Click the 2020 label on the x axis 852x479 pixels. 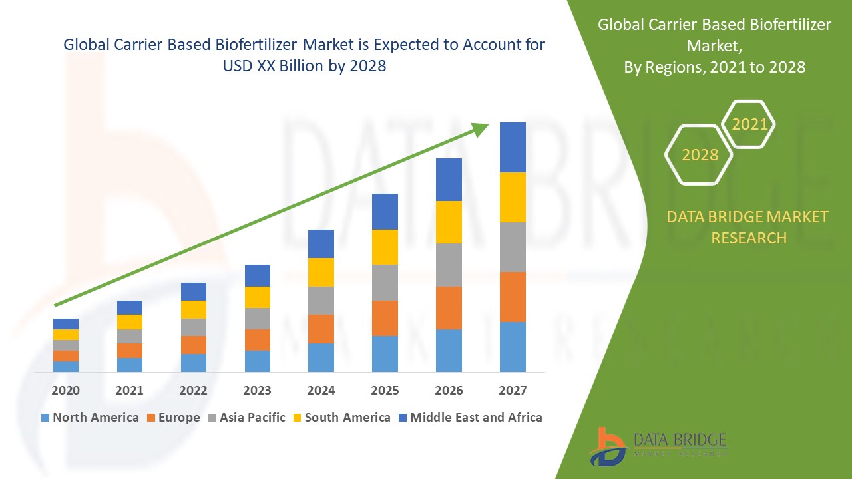tap(65, 391)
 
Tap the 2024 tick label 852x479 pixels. tap(321, 391)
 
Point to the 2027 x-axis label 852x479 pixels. tap(513, 391)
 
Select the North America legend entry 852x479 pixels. tap(90, 418)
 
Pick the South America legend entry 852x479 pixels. tap(341, 418)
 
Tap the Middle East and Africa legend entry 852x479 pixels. tap(470, 418)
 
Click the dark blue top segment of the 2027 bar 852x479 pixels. tap(513, 147)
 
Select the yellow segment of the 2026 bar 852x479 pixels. tap(449, 222)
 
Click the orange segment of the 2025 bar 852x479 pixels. tap(385, 318)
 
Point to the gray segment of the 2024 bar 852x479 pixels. tap(321, 301)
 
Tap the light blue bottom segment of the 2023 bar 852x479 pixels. tap(257, 361)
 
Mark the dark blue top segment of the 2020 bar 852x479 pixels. tap(65, 324)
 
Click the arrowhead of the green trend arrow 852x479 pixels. tap(481, 129)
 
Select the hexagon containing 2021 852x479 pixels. tap(749, 124)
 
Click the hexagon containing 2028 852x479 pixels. tap(699, 155)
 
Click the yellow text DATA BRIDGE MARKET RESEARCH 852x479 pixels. tap(748, 227)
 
